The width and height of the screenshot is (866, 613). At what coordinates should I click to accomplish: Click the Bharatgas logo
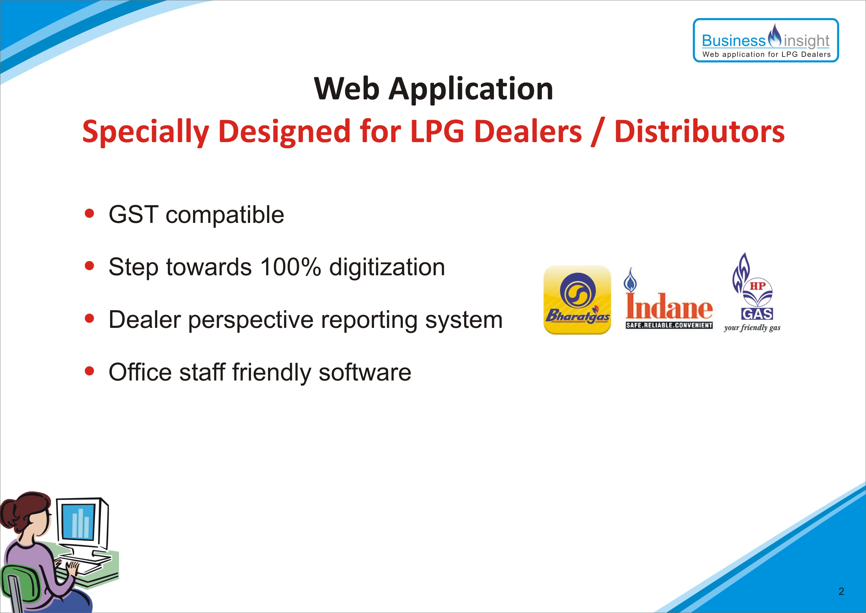pos(577,300)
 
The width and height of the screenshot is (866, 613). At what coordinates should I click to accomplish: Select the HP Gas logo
pos(752,293)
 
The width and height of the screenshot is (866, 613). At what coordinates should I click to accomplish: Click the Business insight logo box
pos(766,40)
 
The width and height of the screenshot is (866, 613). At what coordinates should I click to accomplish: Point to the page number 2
pos(841,591)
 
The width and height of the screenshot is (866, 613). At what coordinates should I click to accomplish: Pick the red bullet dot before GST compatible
pos(89,214)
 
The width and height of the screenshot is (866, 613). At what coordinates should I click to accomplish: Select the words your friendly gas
pos(752,328)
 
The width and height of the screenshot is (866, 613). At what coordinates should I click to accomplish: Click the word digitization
pos(387,268)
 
